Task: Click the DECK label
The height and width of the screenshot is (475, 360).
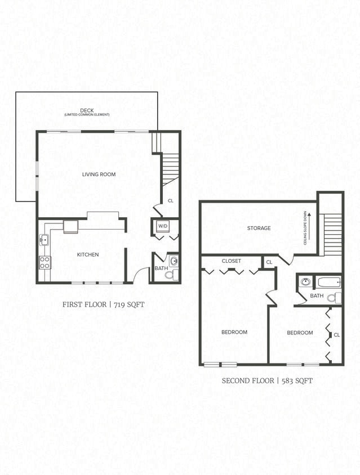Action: [87, 110]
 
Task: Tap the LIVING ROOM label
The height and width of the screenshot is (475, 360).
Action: [99, 174]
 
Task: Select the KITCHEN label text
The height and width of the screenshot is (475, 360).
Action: [88, 254]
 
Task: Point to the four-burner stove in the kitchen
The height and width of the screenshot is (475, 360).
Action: [45, 262]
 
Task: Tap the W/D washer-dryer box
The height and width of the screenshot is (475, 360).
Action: [163, 226]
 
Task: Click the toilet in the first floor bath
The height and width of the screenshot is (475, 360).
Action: [175, 274]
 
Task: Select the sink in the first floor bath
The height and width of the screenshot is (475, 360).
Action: [174, 261]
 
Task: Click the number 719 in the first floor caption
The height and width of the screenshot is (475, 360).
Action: [122, 304]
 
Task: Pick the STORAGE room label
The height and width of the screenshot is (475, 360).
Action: [259, 228]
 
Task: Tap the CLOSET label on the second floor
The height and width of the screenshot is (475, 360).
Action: [231, 261]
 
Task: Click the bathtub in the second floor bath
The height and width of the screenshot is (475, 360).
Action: [328, 282]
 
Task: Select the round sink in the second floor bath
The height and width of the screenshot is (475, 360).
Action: [305, 281]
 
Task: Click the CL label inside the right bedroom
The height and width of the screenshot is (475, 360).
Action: [336, 334]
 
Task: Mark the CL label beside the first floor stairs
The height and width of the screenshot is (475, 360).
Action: [170, 200]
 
